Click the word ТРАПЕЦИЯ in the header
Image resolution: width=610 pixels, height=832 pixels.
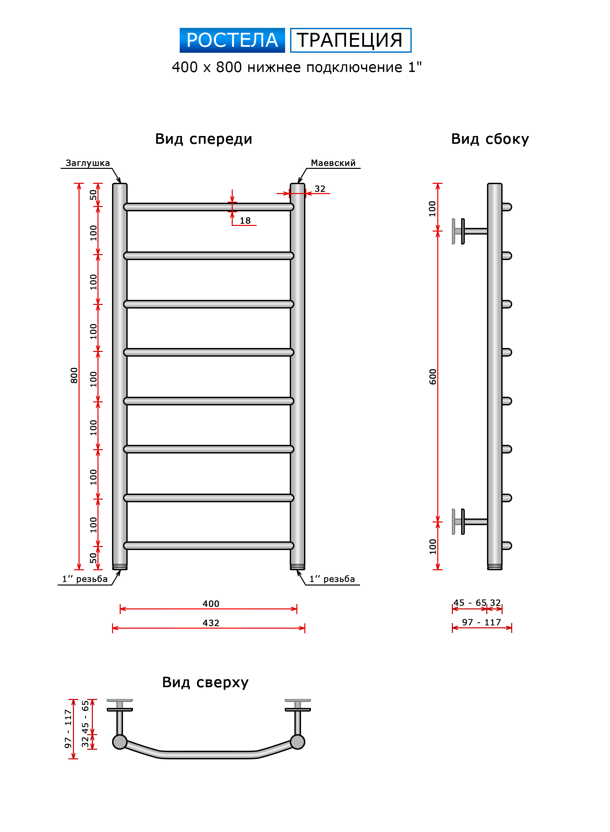click(x=350, y=40)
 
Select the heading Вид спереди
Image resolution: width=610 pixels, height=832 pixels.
click(x=204, y=139)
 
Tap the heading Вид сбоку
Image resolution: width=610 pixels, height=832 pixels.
click(x=490, y=139)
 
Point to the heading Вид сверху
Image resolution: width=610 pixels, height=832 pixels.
click(x=205, y=682)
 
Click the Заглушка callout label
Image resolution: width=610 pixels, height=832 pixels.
click(x=88, y=163)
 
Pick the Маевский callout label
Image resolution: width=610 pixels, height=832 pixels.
click(x=333, y=163)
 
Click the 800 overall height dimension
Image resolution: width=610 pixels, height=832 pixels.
click(x=74, y=375)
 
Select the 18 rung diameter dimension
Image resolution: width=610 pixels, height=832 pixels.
click(x=245, y=221)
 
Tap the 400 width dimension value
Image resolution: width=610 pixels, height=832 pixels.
click(x=211, y=604)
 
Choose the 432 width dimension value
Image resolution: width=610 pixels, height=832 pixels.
click(x=211, y=623)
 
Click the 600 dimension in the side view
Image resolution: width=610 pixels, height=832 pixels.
click(x=433, y=377)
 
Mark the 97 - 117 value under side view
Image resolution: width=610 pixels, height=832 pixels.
click(x=481, y=622)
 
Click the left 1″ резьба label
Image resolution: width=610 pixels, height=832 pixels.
click(x=85, y=579)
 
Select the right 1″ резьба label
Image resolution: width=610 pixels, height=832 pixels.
click(x=332, y=579)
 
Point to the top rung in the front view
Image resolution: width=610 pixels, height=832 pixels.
click(x=209, y=207)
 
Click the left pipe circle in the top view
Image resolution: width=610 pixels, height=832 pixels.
click(x=120, y=742)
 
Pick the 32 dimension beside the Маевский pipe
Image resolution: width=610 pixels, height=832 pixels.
click(x=320, y=189)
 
